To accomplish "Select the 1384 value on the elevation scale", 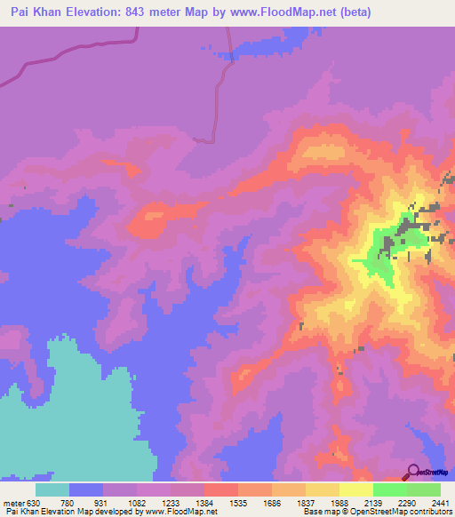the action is [x=204, y=502].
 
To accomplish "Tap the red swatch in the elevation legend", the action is [x=220, y=489].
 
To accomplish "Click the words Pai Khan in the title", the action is [x=33, y=12].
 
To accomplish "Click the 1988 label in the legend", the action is [x=339, y=502].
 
